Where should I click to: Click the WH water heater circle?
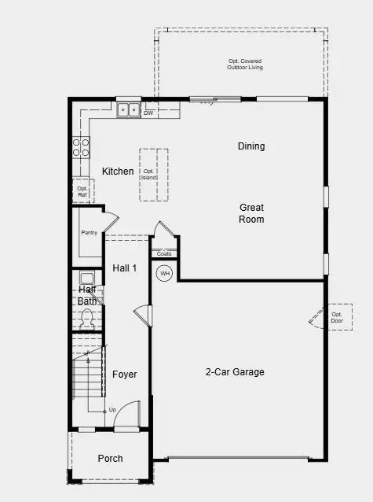(165, 274)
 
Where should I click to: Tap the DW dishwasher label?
(148, 113)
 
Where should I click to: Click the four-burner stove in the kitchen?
(81, 147)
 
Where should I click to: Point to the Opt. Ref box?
(82, 190)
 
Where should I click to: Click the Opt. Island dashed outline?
(154, 175)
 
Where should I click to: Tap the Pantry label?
(89, 233)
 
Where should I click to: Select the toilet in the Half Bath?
(87, 319)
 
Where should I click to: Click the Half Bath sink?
(86, 278)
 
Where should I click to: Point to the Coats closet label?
(164, 253)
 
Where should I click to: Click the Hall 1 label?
(124, 268)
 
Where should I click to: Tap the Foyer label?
(124, 375)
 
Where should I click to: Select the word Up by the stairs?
(112, 410)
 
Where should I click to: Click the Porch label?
(110, 459)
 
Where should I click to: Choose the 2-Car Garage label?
(235, 372)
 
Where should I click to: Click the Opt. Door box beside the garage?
(337, 316)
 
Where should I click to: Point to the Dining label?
(251, 146)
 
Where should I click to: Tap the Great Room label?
(251, 213)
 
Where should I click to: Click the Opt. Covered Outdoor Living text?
(246, 65)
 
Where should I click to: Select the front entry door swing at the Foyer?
(126, 419)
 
